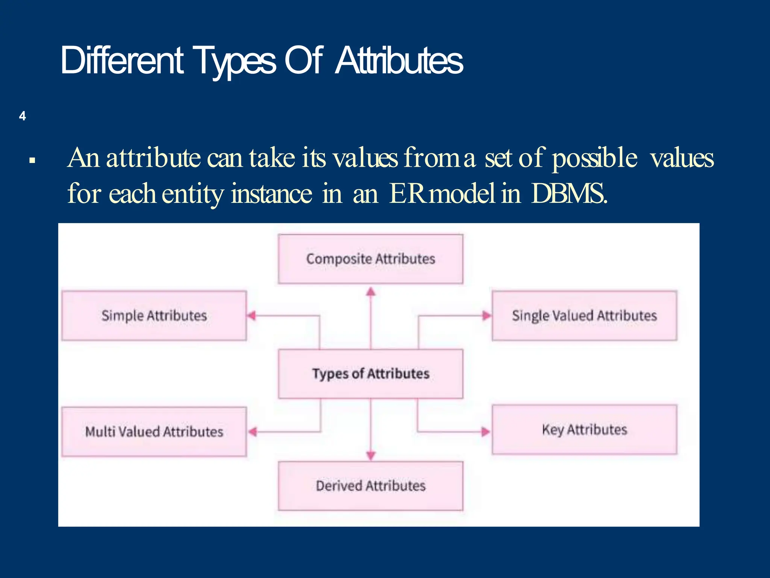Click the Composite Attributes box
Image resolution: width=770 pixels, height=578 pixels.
coord(370,259)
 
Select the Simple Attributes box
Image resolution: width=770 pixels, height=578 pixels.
coord(154,315)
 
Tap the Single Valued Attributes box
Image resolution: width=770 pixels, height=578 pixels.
coord(584,315)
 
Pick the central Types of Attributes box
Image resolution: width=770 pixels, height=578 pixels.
coord(370,374)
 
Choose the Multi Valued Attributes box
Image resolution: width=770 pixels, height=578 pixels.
coord(154,432)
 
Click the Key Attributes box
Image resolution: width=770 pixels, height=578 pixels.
coord(584,429)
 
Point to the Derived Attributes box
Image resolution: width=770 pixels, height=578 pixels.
coord(370,486)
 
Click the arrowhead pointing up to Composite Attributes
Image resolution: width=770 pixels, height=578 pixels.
coord(371,292)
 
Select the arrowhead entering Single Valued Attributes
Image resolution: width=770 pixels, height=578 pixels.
coord(487,315)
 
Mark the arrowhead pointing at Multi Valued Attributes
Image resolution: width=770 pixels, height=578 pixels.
coord(253,432)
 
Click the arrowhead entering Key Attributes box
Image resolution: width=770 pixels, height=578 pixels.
coord(486,432)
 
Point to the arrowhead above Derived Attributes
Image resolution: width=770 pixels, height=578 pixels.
coord(371,456)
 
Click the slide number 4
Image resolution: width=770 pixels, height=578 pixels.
coord(23,116)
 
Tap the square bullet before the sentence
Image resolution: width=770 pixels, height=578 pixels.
coord(32,161)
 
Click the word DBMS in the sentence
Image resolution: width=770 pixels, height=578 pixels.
coord(568,193)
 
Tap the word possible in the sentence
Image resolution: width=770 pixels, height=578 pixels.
coord(594,158)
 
